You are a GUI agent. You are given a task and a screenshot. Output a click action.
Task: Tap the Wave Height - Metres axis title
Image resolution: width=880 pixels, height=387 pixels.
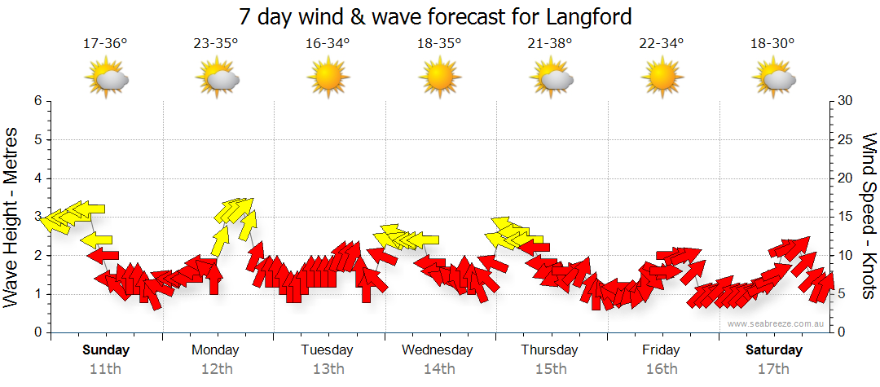pos(12,217)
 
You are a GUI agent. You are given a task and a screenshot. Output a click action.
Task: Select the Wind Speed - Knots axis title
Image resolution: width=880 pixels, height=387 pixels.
pos(868,217)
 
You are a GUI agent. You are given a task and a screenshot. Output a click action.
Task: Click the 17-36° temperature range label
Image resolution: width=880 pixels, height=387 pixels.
pos(105,44)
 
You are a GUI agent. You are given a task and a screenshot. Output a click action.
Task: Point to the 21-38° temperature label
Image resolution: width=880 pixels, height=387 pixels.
pos(550,44)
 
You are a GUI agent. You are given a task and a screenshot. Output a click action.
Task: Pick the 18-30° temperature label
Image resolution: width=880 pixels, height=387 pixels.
pos(772,44)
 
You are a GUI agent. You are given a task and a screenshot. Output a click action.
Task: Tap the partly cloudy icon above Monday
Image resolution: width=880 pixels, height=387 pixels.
pos(217,79)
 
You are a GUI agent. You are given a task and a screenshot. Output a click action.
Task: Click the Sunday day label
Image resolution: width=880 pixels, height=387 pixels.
pos(106,350)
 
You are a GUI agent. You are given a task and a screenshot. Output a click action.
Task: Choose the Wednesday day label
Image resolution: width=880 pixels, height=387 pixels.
pos(438,350)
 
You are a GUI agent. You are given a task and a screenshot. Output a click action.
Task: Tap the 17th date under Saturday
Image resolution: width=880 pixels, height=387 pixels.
pos(773,368)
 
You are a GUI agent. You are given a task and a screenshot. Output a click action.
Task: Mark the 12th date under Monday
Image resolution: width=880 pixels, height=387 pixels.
pos(216,368)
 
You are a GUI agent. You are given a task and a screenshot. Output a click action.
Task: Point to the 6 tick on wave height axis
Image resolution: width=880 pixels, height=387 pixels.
pos(37,101)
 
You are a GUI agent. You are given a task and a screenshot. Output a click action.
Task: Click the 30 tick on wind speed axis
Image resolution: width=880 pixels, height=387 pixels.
pos(846,101)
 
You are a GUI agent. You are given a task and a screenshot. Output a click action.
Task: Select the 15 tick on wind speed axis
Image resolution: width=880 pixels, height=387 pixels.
pos(845,217)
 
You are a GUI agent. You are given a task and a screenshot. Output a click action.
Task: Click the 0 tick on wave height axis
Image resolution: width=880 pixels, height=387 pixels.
pos(37,332)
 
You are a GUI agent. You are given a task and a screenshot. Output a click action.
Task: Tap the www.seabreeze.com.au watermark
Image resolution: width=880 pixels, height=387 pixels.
pos(777,323)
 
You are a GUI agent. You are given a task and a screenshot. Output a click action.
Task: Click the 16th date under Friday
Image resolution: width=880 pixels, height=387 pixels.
pos(662,368)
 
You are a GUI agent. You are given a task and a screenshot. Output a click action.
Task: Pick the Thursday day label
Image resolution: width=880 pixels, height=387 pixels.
pos(549,350)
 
